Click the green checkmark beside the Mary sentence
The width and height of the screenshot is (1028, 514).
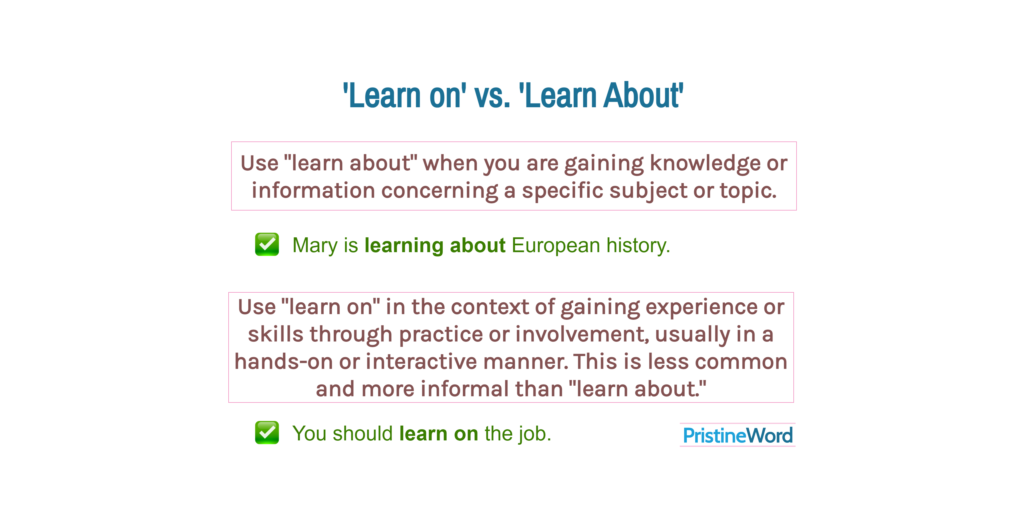[x=267, y=244]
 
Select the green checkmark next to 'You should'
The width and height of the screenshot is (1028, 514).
[x=267, y=433]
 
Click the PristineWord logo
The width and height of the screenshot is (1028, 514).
[x=737, y=435]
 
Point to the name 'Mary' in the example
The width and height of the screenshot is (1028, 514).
[x=315, y=245]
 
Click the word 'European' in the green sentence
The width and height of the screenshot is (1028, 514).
[x=555, y=245]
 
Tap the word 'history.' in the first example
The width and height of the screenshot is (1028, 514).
[x=638, y=245]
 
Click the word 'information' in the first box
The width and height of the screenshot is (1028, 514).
[x=313, y=190]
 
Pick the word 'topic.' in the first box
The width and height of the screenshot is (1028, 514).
[x=748, y=190]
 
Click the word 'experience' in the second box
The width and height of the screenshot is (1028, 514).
[x=701, y=307]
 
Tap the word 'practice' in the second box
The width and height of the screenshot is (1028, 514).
[x=441, y=334]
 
